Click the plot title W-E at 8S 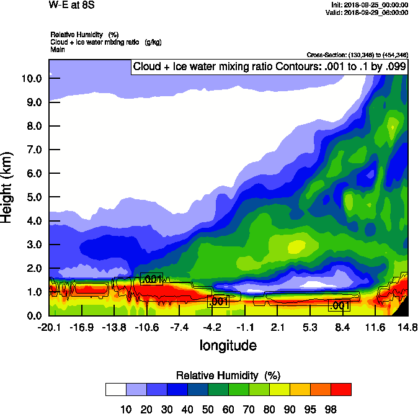(x=69, y=5)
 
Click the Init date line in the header (x=370, y=5)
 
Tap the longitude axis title (x=228, y=344)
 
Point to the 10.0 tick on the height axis (x=31, y=78)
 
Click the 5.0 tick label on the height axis (x=34, y=197)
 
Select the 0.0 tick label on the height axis (x=34, y=316)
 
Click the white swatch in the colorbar (x=116, y=389)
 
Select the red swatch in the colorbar (x=340, y=389)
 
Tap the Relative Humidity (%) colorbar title (x=228, y=376)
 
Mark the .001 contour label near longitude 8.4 (x=339, y=305)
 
